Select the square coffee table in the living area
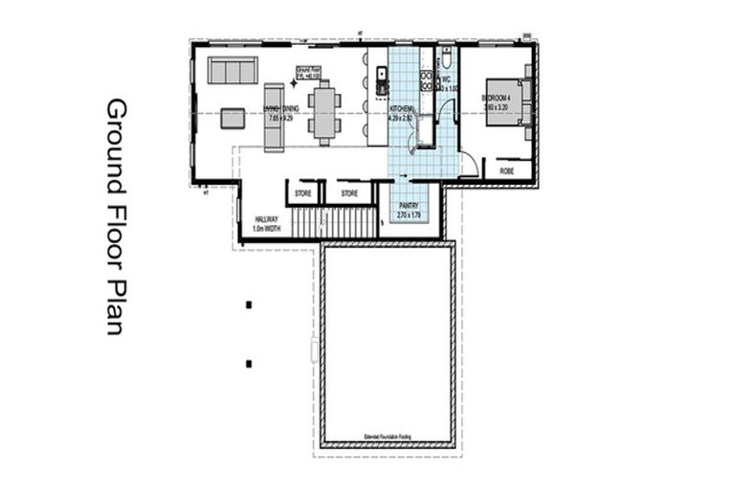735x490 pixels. [233, 118]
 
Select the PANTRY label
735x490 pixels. [410, 205]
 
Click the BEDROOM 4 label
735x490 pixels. [496, 98]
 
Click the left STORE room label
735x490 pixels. [303, 193]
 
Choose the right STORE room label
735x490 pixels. [349, 193]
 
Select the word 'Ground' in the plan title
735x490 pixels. [116, 129]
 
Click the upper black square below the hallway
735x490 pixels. [249, 304]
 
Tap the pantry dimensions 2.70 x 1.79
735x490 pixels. [410, 216]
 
